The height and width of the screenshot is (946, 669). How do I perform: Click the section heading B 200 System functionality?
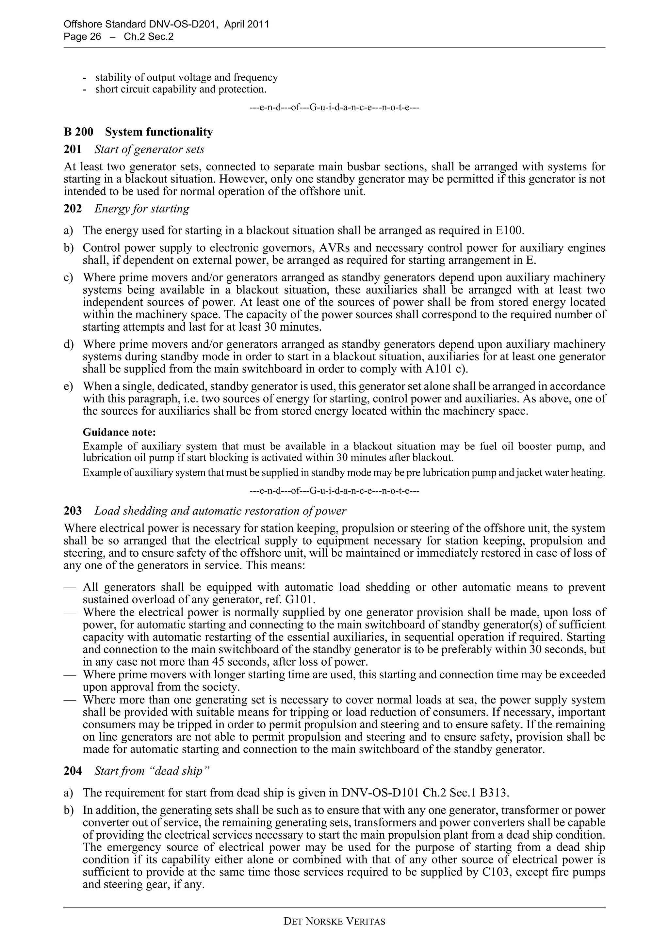click(138, 132)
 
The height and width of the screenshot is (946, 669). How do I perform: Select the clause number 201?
click(73, 149)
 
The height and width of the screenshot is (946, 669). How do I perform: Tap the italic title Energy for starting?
click(142, 209)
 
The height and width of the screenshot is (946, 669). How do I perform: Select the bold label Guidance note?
click(119, 432)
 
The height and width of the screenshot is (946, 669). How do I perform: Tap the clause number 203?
click(73, 511)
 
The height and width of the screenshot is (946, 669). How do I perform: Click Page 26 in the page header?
click(82, 37)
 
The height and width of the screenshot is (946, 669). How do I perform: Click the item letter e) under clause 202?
click(68, 386)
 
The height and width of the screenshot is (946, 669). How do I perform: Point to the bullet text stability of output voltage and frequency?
click(186, 77)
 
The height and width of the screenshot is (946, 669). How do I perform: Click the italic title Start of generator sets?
click(149, 149)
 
